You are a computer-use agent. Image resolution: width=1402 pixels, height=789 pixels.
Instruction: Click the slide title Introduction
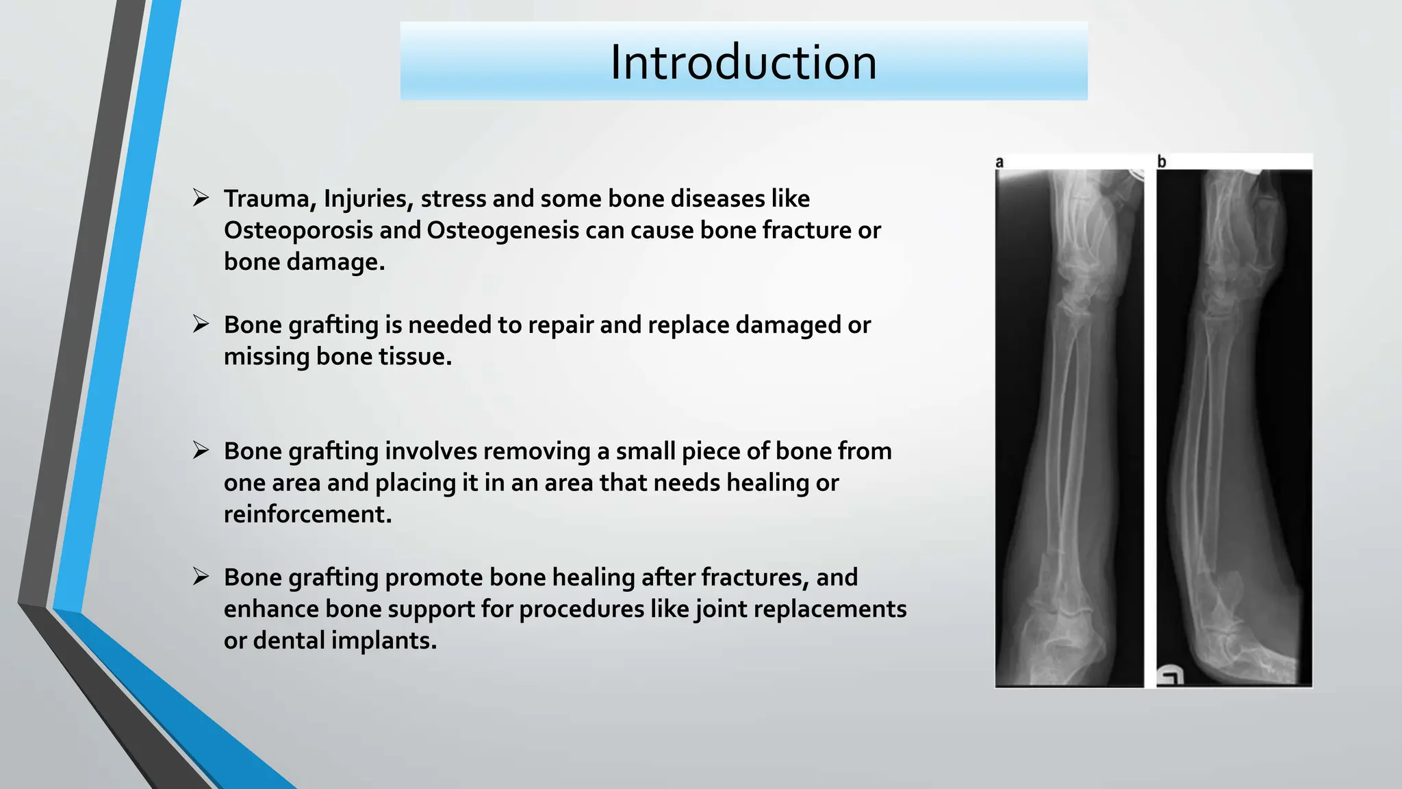743,62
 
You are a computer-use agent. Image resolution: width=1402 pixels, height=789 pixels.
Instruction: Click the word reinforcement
307,514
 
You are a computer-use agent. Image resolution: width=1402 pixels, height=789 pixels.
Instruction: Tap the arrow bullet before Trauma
201,198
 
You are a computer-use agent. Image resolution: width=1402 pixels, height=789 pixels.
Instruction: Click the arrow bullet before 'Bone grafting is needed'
201,324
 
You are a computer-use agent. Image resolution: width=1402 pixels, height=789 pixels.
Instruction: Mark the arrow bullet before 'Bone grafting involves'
201,450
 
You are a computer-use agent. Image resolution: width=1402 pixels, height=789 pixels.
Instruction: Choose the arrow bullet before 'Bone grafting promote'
201,577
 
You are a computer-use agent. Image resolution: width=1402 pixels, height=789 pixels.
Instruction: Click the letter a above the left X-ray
999,162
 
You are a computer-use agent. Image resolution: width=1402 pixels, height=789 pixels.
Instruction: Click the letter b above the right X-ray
1162,162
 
